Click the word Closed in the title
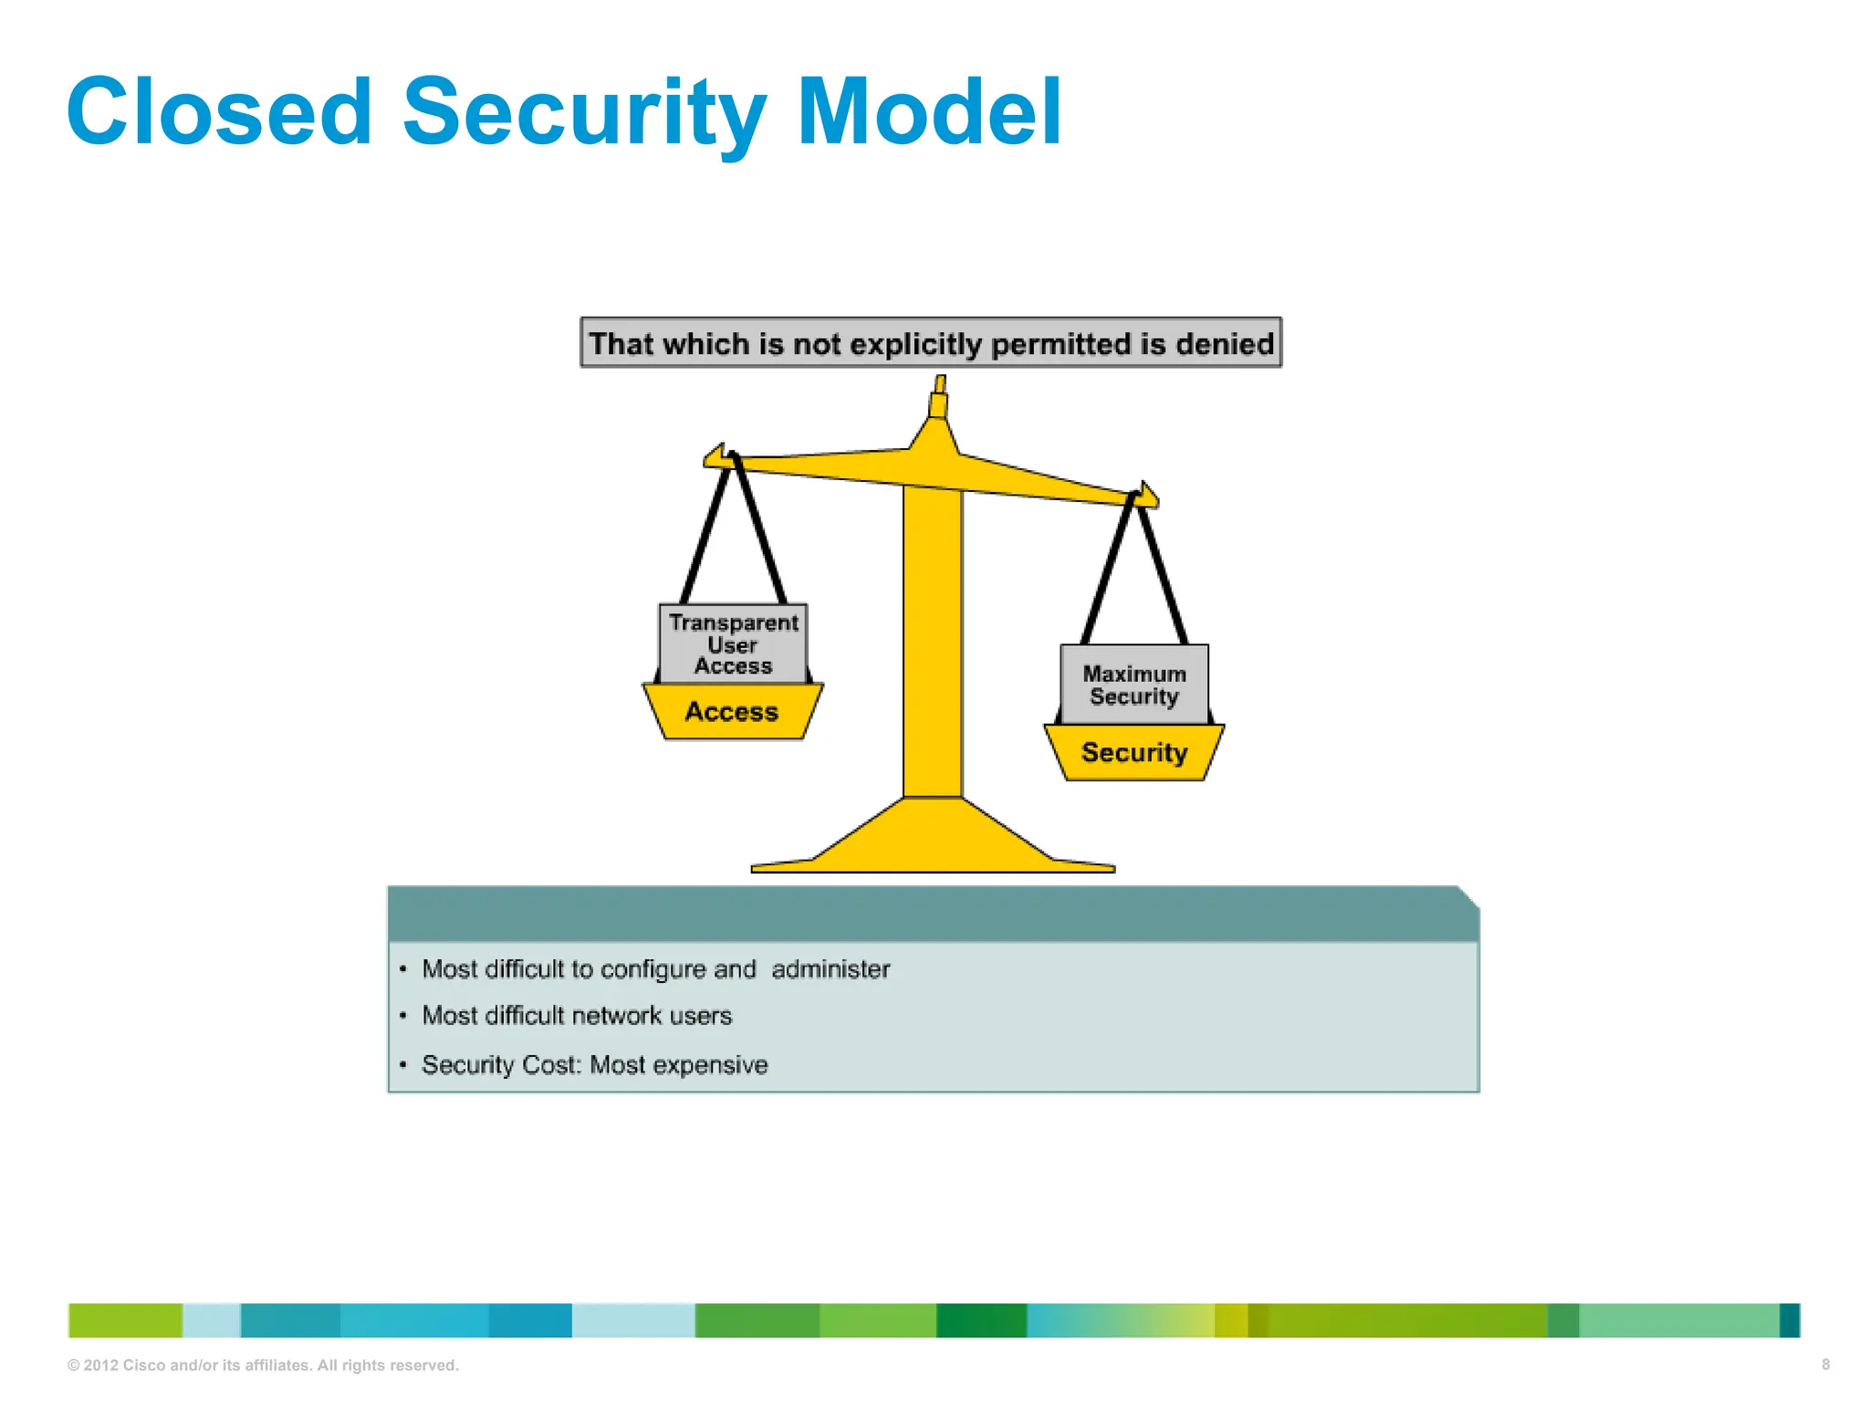(219, 111)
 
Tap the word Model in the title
(929, 111)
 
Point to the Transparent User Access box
(733, 643)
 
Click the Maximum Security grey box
(1134, 685)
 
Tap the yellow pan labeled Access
(732, 712)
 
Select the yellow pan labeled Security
(1134, 753)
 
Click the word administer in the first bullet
(830, 969)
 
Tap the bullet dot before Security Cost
(402, 1065)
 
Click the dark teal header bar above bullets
(931, 914)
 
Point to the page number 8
(1825, 1365)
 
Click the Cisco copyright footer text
(263, 1365)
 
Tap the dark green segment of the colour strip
(981, 1321)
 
